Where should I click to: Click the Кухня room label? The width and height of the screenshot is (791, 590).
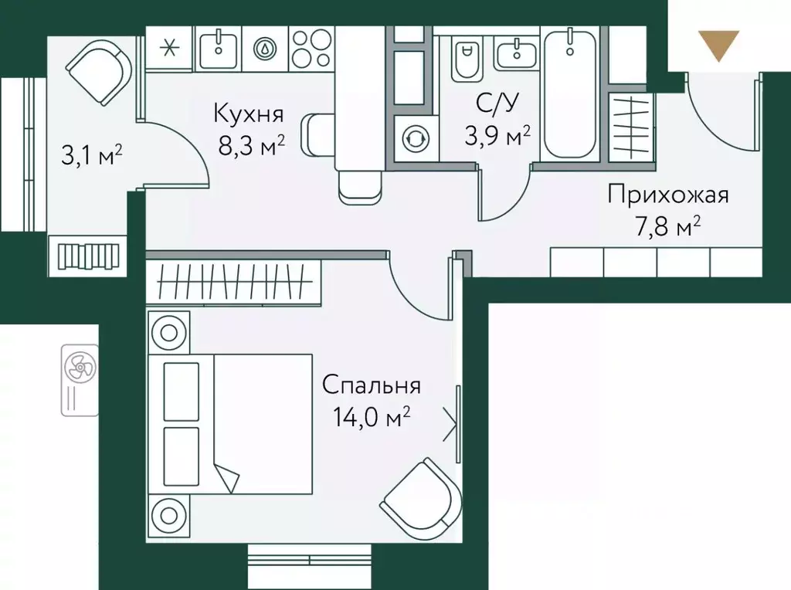(x=249, y=115)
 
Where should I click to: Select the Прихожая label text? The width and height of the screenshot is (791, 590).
(x=667, y=194)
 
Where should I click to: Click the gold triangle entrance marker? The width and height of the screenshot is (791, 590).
(x=718, y=45)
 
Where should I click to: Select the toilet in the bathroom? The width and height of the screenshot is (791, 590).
(x=466, y=59)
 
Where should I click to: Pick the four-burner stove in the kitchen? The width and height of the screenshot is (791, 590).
(x=311, y=47)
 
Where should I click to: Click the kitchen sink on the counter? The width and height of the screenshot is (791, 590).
(x=219, y=48)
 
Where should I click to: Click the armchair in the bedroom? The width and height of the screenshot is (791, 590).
(x=417, y=498)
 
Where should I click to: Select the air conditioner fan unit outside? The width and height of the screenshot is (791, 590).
(x=78, y=378)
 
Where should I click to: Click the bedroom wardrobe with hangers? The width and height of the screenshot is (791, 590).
(x=232, y=282)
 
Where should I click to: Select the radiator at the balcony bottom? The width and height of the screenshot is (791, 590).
(x=84, y=255)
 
